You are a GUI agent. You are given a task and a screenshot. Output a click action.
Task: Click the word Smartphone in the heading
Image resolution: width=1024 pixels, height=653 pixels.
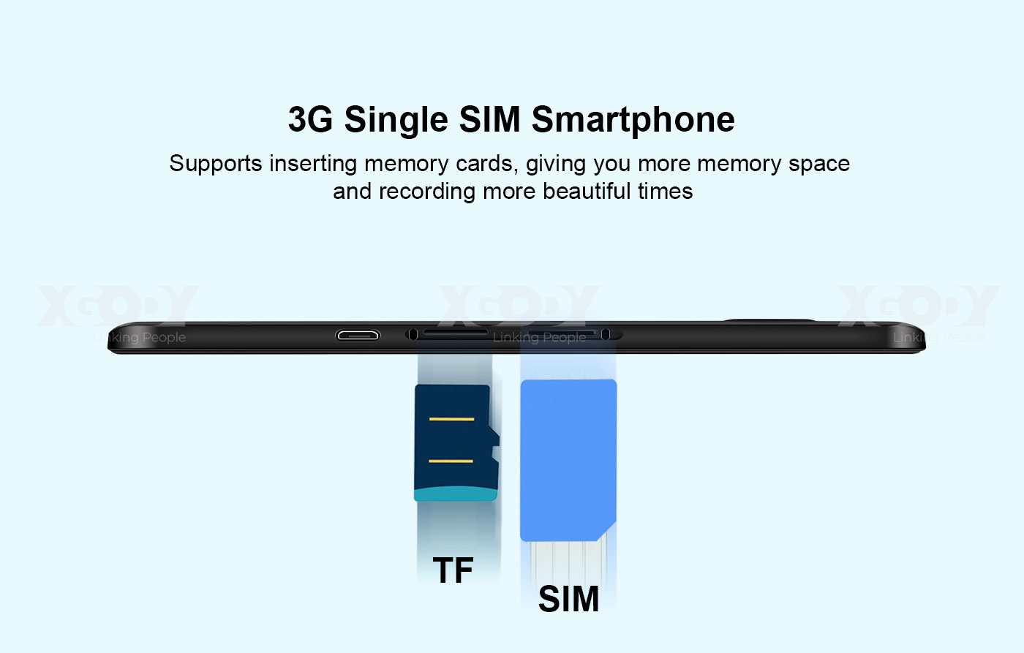(x=633, y=120)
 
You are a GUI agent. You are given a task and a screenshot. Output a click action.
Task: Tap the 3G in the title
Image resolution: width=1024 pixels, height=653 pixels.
(x=310, y=119)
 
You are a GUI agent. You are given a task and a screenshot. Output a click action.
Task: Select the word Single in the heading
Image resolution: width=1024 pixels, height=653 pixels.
(x=396, y=120)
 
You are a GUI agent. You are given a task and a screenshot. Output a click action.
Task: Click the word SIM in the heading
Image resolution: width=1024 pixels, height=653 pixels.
(x=489, y=119)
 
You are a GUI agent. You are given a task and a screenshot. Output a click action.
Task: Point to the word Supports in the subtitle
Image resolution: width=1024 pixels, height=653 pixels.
(x=216, y=164)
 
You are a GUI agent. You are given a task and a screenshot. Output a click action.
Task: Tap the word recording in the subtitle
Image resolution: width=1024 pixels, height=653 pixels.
(x=427, y=192)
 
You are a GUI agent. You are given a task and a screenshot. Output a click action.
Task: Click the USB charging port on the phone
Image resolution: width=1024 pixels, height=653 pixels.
(x=358, y=336)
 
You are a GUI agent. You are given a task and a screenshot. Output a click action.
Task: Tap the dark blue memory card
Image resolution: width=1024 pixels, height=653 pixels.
(x=456, y=443)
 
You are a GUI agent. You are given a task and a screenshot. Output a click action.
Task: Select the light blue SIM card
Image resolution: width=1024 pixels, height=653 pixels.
(x=568, y=460)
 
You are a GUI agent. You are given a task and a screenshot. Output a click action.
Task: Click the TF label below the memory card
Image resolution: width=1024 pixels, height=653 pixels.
(x=453, y=570)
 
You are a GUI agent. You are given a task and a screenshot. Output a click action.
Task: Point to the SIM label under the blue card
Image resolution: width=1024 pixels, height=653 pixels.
(x=569, y=599)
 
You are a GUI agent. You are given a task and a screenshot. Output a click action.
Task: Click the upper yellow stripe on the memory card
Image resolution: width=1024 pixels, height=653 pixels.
(x=452, y=419)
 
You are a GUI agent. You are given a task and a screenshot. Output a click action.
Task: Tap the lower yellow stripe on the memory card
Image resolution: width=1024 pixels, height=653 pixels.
(x=451, y=461)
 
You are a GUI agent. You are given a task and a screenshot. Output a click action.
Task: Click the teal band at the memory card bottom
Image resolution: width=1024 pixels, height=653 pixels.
(x=456, y=494)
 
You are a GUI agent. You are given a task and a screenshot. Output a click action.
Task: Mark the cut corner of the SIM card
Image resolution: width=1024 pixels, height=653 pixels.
(x=607, y=532)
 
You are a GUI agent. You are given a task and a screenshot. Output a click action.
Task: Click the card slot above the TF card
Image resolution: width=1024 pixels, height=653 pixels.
(x=455, y=332)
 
